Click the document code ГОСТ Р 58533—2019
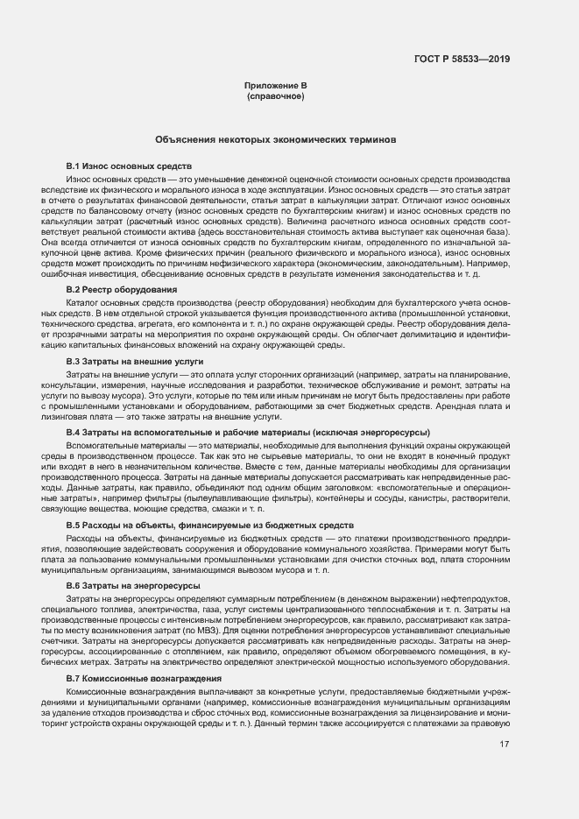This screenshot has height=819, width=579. coord(462,59)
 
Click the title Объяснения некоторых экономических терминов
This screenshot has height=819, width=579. coord(276,139)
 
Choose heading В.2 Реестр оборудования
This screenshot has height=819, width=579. coord(123,289)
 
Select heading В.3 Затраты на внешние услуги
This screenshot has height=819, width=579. coord(135,361)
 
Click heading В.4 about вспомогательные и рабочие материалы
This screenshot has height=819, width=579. coord(249,433)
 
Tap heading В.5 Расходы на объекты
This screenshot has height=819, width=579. coord(197,525)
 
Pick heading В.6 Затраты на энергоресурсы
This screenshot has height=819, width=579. coord(133,584)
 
